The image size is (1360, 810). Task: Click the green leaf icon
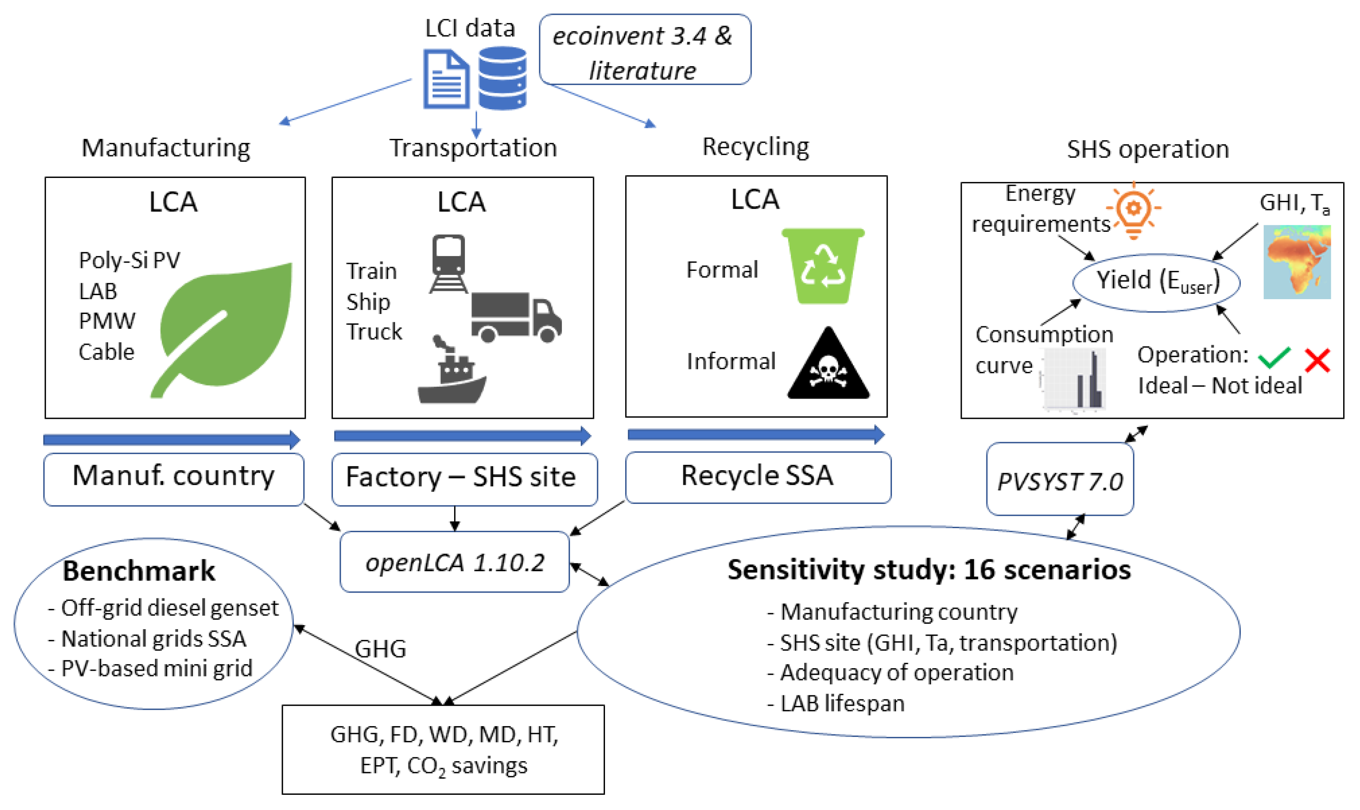click(229, 328)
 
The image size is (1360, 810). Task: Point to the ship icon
click(452, 376)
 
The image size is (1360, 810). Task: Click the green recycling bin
click(823, 266)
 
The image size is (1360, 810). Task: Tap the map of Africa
click(1297, 262)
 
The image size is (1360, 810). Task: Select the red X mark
click(1317, 360)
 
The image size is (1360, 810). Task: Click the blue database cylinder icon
click(502, 78)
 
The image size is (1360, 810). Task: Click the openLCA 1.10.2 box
click(455, 562)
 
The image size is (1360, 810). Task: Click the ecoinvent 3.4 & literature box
click(644, 50)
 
